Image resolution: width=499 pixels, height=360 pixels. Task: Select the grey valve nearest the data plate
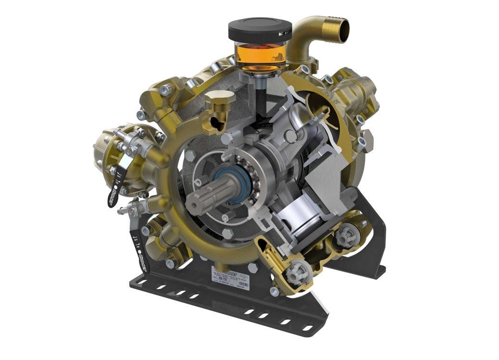tap(294, 272)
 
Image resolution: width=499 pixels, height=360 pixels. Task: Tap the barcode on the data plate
tap(243, 285)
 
